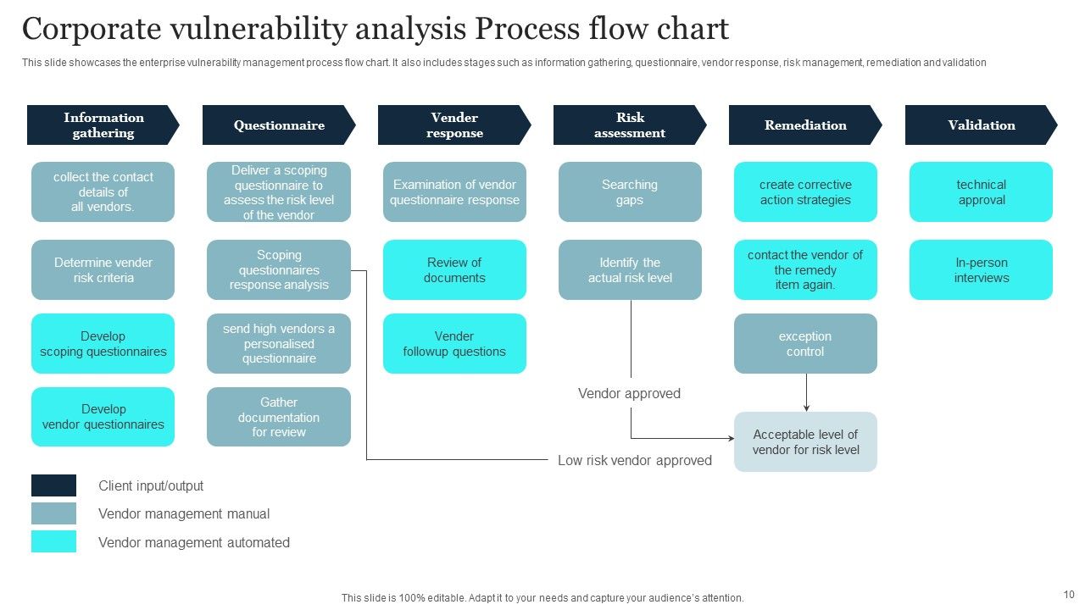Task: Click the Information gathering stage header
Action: pyautogui.click(x=103, y=125)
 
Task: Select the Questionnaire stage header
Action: pyautogui.click(x=278, y=125)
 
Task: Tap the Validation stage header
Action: pyautogui.click(x=981, y=125)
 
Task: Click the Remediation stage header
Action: pyautogui.click(x=804, y=125)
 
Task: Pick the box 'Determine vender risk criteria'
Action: pyautogui.click(x=103, y=270)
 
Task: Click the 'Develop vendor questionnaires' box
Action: pyautogui.click(x=103, y=417)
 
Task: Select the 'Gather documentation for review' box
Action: pyautogui.click(x=278, y=417)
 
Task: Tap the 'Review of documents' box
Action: pyautogui.click(x=454, y=270)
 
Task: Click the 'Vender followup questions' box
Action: pyautogui.click(x=454, y=344)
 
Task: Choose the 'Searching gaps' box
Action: pyautogui.click(x=630, y=192)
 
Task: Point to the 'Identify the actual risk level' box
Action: pyautogui.click(x=630, y=270)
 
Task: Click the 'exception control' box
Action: pyautogui.click(x=805, y=344)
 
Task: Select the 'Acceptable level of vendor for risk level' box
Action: pyautogui.click(x=805, y=442)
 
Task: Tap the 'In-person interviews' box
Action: pyautogui.click(x=981, y=270)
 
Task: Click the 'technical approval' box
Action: pyautogui.click(x=981, y=192)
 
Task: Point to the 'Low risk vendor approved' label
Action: pyautogui.click(x=634, y=461)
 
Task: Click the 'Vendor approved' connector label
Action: pyautogui.click(x=629, y=393)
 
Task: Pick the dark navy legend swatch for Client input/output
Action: pyautogui.click(x=53, y=485)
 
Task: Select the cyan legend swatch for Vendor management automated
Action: pyautogui.click(x=53, y=541)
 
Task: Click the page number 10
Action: pyautogui.click(x=1069, y=595)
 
